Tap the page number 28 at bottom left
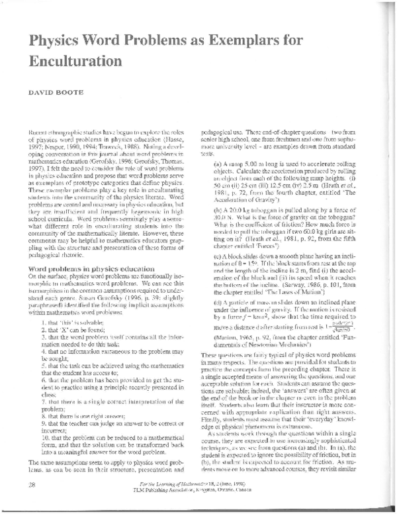pyautogui.click(x=28, y=486)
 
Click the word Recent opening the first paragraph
pyautogui.click(x=38, y=132)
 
